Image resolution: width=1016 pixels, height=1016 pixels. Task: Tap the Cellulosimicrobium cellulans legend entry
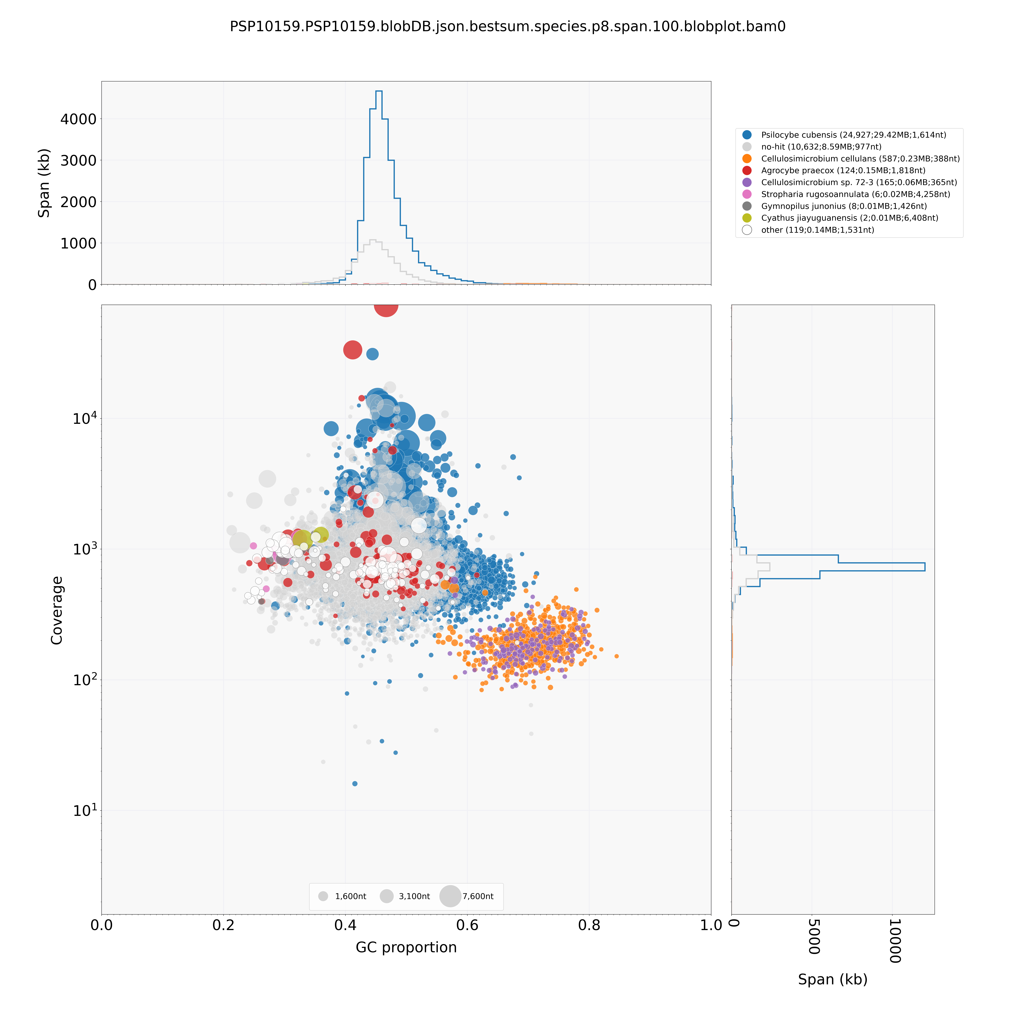[860, 159]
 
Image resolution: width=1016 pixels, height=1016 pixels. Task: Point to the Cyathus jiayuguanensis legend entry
[849, 218]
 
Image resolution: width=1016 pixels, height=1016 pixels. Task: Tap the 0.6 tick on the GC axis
[467, 925]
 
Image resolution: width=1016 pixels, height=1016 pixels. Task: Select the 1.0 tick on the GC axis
[711, 925]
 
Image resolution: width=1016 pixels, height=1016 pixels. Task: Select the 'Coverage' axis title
[57, 610]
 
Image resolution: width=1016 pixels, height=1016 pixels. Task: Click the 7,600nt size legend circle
[450, 896]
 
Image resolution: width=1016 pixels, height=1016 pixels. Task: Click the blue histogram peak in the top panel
[379, 91]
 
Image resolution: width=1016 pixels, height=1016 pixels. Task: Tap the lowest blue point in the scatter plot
[355, 784]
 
